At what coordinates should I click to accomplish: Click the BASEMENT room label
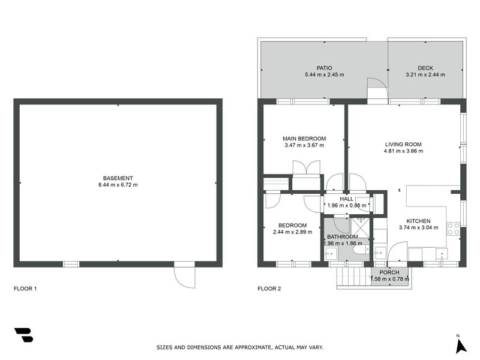(x=118, y=178)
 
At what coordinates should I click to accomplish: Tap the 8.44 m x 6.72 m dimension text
(x=118, y=185)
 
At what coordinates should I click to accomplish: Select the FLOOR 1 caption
(x=25, y=289)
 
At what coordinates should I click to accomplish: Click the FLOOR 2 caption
(x=269, y=289)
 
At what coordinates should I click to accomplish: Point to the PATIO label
(x=324, y=68)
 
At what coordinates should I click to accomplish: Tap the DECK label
(x=425, y=68)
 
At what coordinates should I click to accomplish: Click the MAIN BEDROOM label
(x=304, y=139)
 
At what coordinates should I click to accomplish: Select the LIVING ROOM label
(x=403, y=144)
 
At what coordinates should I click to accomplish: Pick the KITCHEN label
(x=418, y=221)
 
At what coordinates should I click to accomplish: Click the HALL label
(x=347, y=199)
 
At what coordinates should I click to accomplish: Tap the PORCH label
(x=389, y=272)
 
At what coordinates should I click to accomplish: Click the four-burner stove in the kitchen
(x=454, y=229)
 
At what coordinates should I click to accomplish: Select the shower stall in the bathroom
(x=359, y=227)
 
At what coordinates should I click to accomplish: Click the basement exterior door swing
(x=184, y=277)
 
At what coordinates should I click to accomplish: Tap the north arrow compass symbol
(x=460, y=346)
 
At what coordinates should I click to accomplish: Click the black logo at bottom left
(x=23, y=335)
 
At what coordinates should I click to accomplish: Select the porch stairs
(x=353, y=277)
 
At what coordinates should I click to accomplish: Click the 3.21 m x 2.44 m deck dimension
(x=425, y=74)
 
